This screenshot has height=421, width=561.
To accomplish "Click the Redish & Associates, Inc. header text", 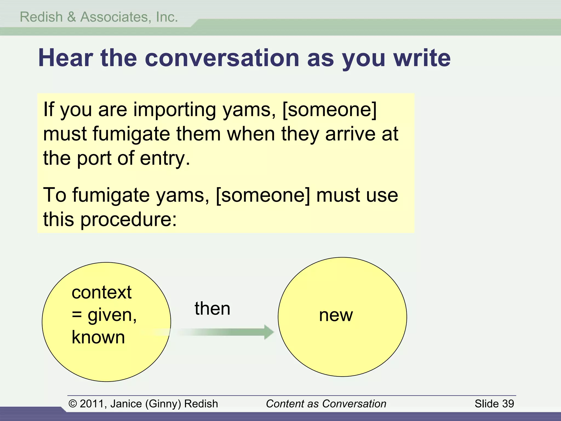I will [x=99, y=17].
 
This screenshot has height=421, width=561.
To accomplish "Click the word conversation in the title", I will [x=222, y=58].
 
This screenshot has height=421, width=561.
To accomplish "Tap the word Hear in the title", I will [x=65, y=58].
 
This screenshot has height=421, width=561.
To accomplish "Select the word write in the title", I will [x=422, y=58].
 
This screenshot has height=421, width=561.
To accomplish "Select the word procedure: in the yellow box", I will [x=128, y=220].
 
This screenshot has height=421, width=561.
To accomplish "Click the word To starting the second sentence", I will [x=55, y=195].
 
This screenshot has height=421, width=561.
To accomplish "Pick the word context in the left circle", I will [x=102, y=292].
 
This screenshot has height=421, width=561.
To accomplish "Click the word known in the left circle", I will [x=98, y=337].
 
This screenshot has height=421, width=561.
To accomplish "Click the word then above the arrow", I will [x=212, y=309].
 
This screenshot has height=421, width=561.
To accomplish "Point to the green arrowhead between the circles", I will [x=269, y=332].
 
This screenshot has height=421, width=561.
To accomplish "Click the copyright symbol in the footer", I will [x=73, y=404].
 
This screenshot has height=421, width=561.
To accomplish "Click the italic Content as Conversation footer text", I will [x=326, y=404].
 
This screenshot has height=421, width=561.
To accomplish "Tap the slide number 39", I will [x=508, y=404].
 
